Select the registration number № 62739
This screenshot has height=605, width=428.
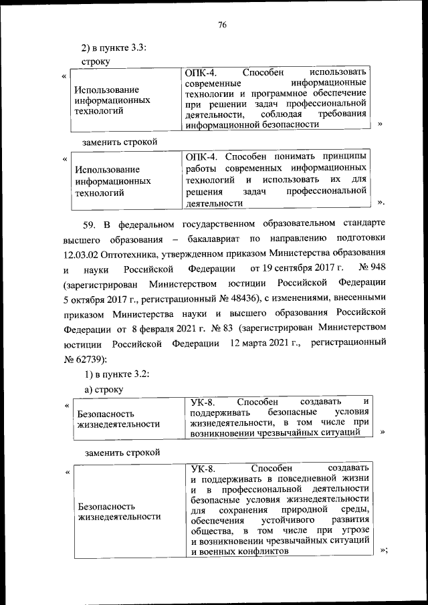(85, 360)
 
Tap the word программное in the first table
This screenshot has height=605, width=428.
(283, 94)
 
